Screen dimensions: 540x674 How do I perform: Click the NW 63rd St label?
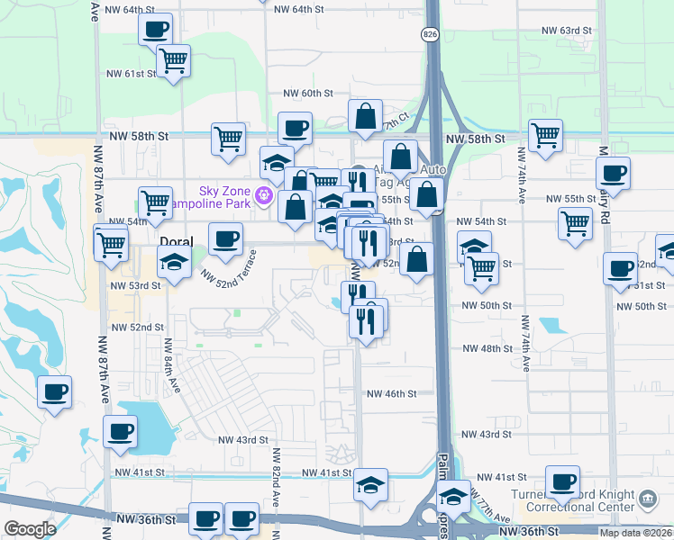click(x=567, y=30)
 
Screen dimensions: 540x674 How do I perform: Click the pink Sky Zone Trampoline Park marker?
click(x=264, y=193)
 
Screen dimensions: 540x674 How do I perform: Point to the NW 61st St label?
click(x=132, y=74)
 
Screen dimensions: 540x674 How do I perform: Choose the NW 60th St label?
click(x=308, y=93)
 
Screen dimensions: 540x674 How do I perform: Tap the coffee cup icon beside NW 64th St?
click(x=155, y=28)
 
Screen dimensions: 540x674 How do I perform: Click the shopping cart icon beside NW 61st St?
click(x=172, y=60)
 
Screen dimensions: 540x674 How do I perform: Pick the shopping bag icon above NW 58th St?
click(x=366, y=116)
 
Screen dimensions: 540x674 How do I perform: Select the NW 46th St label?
click(x=391, y=393)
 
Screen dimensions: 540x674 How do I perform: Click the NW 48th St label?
click(x=487, y=348)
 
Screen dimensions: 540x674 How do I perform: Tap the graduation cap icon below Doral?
click(x=172, y=263)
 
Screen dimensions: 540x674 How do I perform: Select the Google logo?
click(x=30, y=529)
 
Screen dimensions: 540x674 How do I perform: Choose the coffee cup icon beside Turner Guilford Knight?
click(x=563, y=482)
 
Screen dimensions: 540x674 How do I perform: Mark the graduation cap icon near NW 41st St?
click(x=370, y=485)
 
